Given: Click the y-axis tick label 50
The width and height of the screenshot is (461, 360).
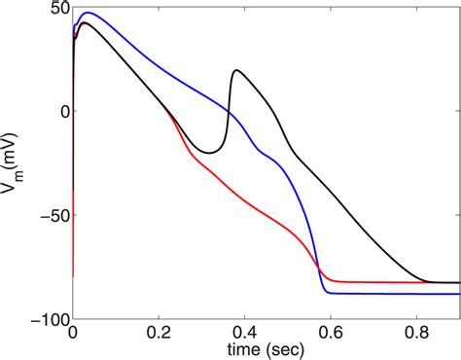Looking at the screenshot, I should point(56,8).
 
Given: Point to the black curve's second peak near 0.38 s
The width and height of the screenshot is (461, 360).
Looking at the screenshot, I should point(236,70).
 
